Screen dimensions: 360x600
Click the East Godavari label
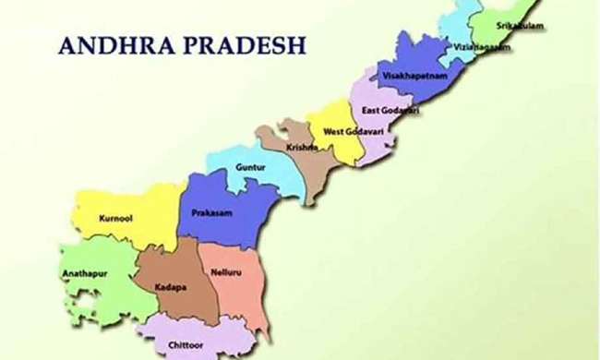point(390,111)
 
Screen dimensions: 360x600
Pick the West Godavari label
point(346,132)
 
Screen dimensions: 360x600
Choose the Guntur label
point(251,168)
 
